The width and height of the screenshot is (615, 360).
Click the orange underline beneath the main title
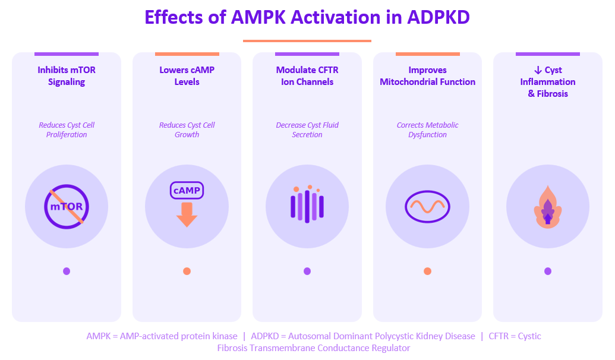(x=307, y=41)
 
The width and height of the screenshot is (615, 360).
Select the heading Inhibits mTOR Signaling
(x=67, y=76)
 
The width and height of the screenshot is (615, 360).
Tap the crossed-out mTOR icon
(x=67, y=206)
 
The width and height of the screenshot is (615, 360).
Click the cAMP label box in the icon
(x=187, y=191)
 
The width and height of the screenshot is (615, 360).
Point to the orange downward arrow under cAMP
(x=187, y=215)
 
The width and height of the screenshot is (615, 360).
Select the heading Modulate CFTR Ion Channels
(x=307, y=76)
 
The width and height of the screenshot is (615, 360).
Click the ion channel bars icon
(x=307, y=206)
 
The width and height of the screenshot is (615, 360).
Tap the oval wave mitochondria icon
(x=427, y=206)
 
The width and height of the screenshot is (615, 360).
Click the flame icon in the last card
(x=547, y=208)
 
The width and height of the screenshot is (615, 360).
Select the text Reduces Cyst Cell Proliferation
(x=67, y=130)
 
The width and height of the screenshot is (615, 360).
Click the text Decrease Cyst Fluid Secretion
(x=307, y=130)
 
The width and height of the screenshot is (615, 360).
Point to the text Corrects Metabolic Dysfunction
(x=427, y=130)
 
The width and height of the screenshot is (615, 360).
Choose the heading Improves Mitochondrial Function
(x=427, y=76)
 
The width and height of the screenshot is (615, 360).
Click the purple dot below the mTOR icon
(x=67, y=271)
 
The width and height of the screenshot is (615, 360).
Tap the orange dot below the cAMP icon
(x=187, y=271)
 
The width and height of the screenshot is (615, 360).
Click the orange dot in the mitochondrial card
(x=427, y=271)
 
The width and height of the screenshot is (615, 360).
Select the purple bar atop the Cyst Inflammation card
(x=547, y=54)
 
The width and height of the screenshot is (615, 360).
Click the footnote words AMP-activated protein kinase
(x=178, y=336)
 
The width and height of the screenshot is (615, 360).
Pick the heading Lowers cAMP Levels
(x=187, y=76)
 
